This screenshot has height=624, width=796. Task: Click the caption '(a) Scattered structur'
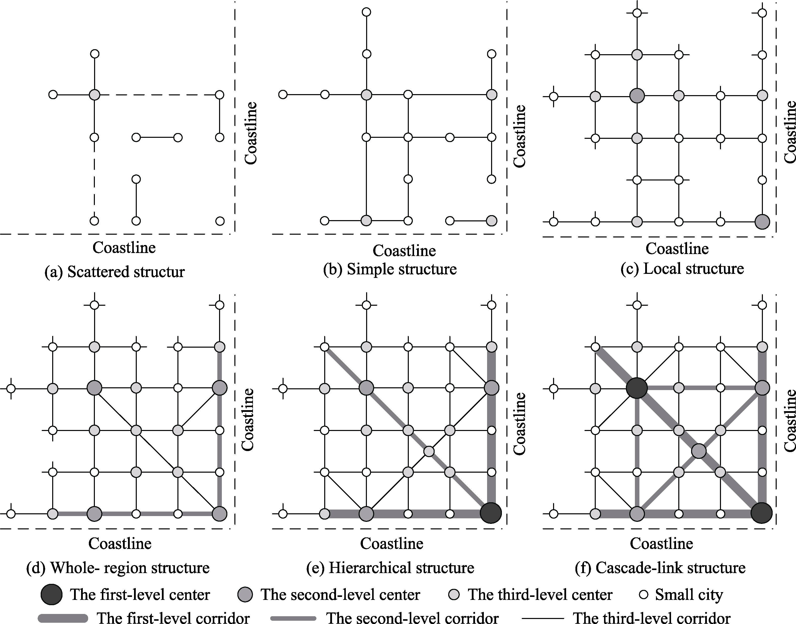click(115, 272)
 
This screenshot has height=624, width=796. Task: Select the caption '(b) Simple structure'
click(390, 270)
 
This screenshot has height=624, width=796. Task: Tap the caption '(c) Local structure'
click(682, 269)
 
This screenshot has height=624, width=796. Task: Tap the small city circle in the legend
click(644, 595)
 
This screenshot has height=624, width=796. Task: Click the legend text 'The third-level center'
click(540, 595)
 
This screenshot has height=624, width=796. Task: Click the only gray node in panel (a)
click(94, 95)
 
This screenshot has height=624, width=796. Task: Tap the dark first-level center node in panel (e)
click(491, 513)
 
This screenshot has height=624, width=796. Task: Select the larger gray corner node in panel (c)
click(762, 222)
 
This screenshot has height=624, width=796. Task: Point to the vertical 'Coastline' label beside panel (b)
click(519, 136)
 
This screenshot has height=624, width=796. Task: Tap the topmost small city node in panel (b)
click(366, 12)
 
